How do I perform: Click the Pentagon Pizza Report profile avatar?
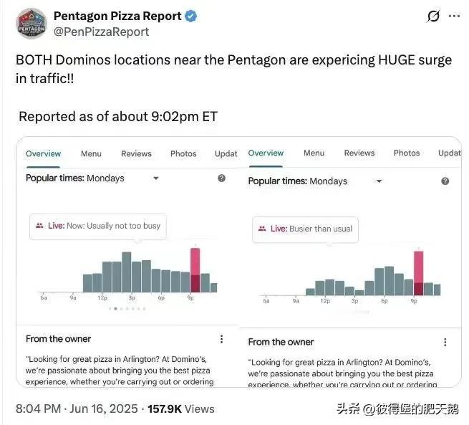coord(32,23)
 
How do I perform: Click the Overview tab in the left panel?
coord(44,153)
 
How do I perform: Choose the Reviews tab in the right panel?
coord(359,153)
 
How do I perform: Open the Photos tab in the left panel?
coord(183,153)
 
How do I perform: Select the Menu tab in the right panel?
coord(314,153)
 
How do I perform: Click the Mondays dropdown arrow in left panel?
coord(156,178)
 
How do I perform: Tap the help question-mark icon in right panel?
coord(445,181)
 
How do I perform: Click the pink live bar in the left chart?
coord(195,269)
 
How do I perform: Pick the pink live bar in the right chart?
coord(419,272)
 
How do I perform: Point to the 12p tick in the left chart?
coord(102,297)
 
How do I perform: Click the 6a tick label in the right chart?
coord(266,301)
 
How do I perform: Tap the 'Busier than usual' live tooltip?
coord(305,229)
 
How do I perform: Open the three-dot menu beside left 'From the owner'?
coord(221,339)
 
